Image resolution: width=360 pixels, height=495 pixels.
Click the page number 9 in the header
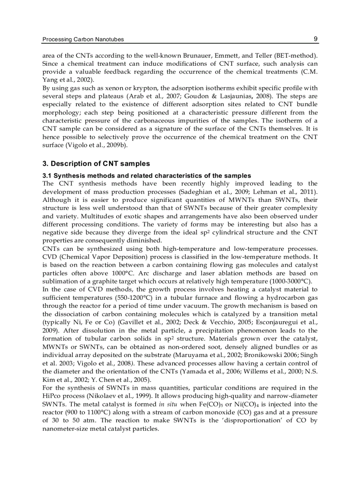pos(315,39)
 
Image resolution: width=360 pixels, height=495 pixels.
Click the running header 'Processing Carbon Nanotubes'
pos(83,39)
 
